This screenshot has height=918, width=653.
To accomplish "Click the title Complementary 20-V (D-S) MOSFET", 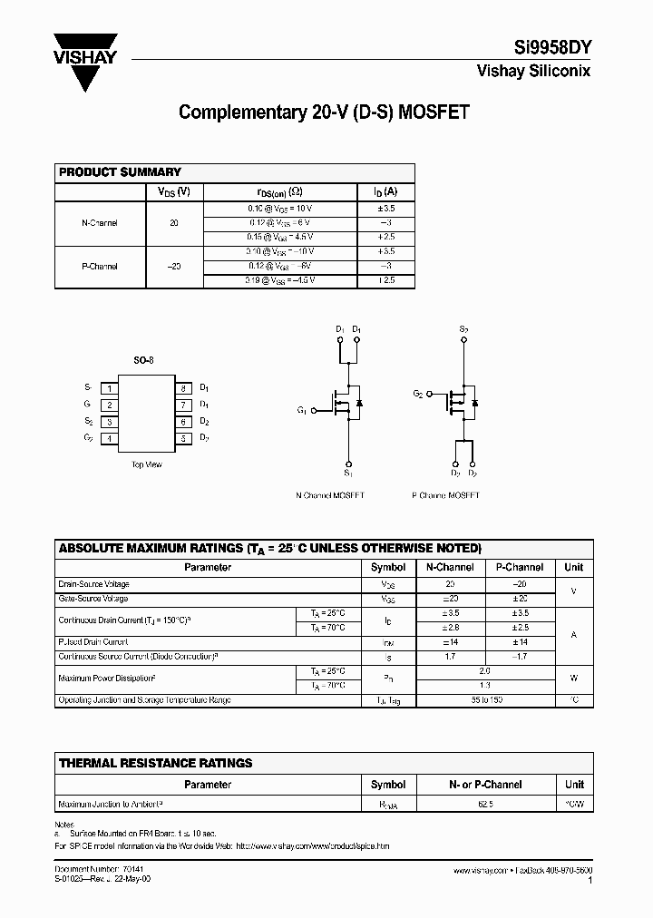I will [x=324, y=112].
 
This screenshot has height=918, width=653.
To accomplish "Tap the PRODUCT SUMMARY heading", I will [x=120, y=172].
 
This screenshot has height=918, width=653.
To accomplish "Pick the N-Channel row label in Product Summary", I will [x=100, y=223].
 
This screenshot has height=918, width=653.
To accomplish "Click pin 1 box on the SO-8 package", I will [x=109, y=387].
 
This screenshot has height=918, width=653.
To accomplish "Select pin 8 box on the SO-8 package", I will [x=182, y=387].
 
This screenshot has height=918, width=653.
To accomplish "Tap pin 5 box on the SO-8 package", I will [x=182, y=439].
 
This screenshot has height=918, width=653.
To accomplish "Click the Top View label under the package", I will [x=146, y=464].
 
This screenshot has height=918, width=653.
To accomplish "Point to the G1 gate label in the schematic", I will [x=301, y=410].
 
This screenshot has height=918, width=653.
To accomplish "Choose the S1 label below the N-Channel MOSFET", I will [x=347, y=474].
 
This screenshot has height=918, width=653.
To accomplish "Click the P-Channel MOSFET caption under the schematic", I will [x=445, y=495].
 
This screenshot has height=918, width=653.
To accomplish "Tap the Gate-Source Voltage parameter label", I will [x=93, y=599].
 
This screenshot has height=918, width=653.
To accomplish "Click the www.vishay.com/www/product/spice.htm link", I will [x=313, y=845].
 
